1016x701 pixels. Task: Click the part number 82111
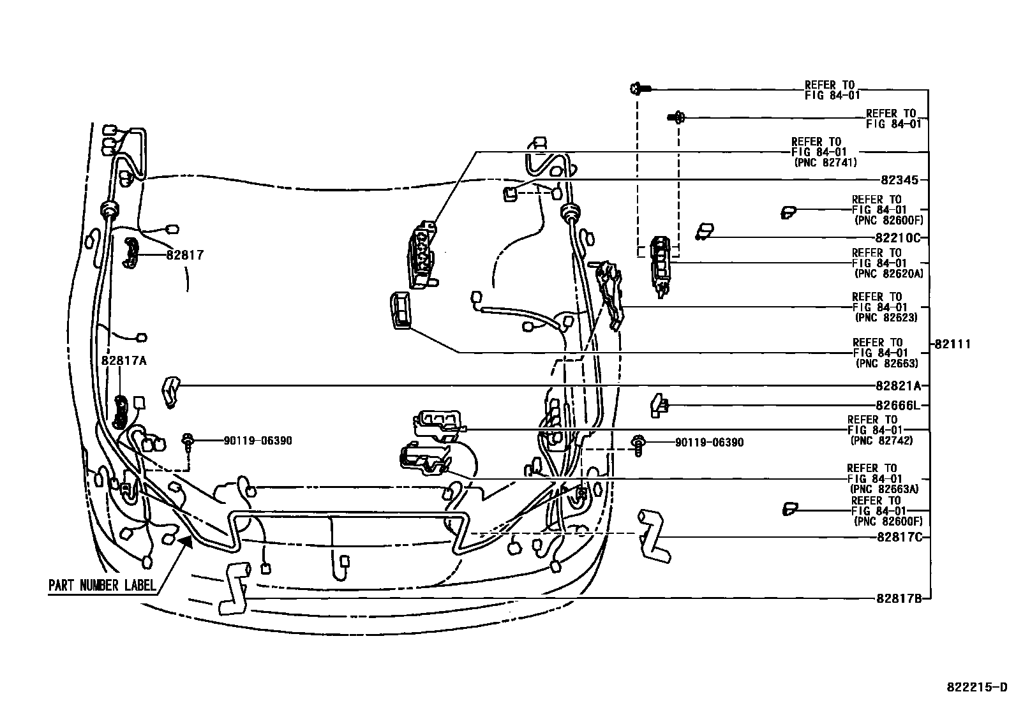coord(953,344)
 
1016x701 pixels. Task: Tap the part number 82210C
coord(899,238)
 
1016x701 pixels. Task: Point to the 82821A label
coord(899,386)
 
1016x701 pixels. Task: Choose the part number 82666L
coord(899,405)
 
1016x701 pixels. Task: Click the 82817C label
coord(900,537)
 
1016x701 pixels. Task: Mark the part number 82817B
coord(900,598)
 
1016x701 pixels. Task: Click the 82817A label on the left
coord(124,360)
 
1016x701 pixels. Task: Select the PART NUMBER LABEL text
coord(102,586)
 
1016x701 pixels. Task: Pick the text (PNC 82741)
coord(825,163)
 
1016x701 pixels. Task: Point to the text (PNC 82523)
coord(886,318)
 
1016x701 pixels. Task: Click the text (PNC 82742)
coord(881,440)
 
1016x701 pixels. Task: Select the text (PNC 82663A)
coord(883,489)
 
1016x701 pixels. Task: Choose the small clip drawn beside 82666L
coord(658,404)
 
